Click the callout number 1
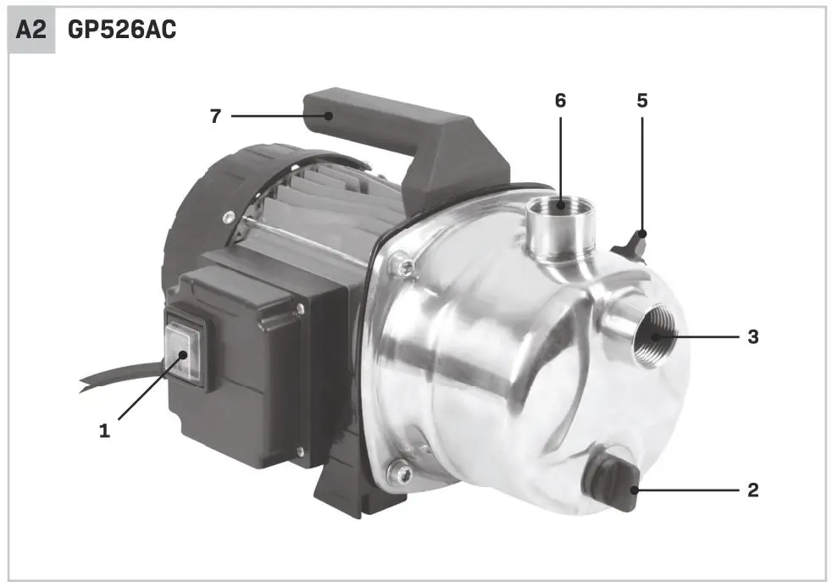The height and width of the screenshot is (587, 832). click(x=104, y=431)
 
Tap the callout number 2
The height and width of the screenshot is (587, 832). click(x=752, y=490)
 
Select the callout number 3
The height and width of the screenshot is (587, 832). click(x=752, y=337)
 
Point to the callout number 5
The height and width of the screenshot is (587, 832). click(x=641, y=101)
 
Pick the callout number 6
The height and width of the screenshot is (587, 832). click(x=560, y=101)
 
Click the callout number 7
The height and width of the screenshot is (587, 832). click(x=216, y=116)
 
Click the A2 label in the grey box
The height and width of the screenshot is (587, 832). click(x=31, y=31)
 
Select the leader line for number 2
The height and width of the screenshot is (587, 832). click(x=691, y=490)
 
